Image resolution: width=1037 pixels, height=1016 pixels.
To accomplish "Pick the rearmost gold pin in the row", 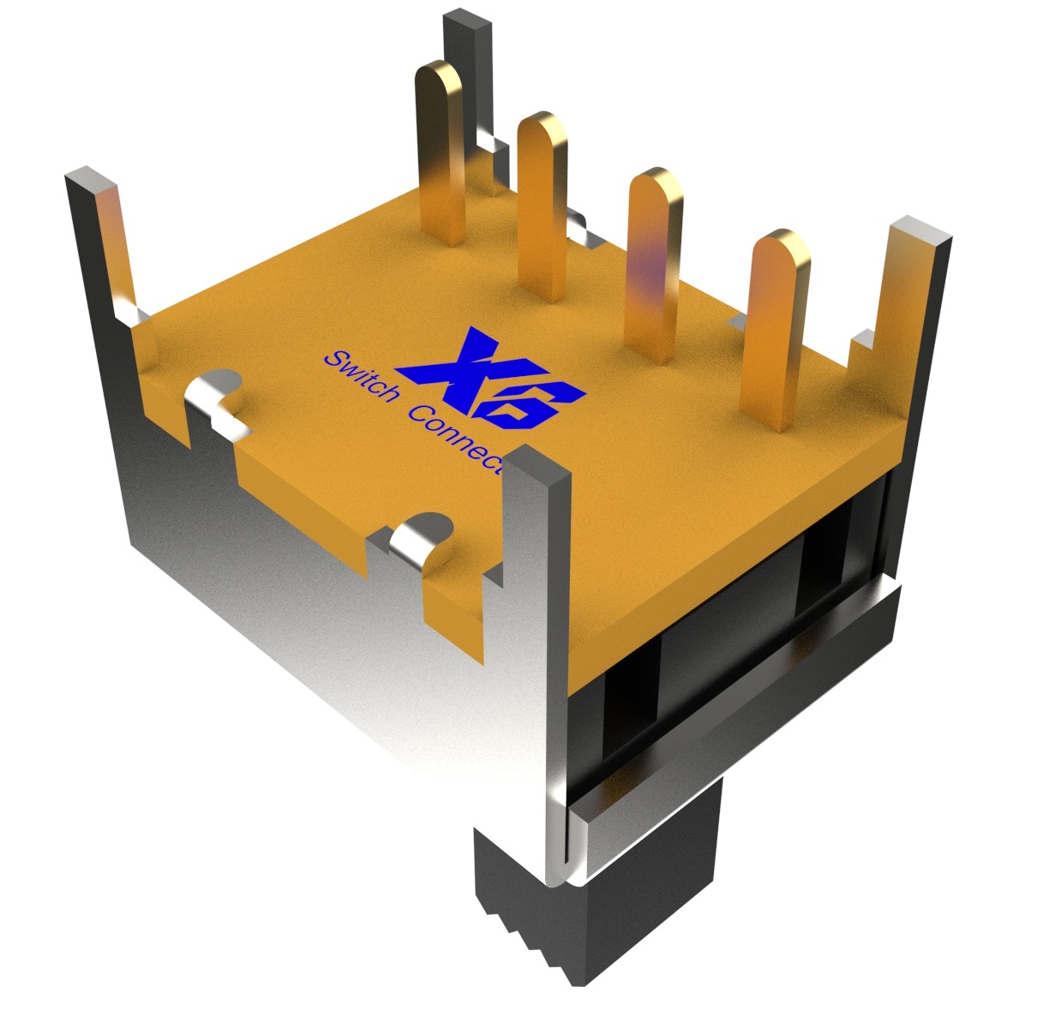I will pyautogui.click(x=441, y=146).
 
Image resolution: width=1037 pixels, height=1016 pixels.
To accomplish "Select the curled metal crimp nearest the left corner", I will pyautogui.click(x=214, y=398).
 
